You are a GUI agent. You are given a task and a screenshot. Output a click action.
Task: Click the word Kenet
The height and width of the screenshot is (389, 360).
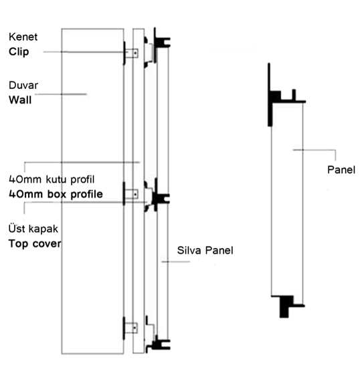(x=23, y=37)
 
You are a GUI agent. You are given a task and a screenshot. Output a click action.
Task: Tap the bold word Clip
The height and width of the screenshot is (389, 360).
(x=19, y=51)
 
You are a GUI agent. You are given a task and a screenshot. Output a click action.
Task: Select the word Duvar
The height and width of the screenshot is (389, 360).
(x=23, y=85)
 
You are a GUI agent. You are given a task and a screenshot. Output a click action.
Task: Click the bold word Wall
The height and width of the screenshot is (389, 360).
(x=20, y=100)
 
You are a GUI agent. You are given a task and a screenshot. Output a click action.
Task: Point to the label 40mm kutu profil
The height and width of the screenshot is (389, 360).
(x=52, y=179)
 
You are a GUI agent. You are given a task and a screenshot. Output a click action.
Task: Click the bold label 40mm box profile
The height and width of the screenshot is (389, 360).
(x=56, y=194)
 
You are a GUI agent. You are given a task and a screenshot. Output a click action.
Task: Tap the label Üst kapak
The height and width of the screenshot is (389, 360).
(x=33, y=229)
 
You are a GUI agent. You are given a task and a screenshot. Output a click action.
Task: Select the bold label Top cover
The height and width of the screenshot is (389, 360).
(x=35, y=243)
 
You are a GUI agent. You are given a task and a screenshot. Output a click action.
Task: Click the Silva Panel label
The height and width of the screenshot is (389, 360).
(x=205, y=251)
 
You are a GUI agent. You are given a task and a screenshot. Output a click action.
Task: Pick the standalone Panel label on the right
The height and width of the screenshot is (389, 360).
(x=341, y=170)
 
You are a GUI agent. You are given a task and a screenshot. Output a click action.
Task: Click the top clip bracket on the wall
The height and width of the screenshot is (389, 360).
(x=130, y=53)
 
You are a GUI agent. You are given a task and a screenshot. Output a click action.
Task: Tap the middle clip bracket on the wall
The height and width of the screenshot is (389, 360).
(x=130, y=194)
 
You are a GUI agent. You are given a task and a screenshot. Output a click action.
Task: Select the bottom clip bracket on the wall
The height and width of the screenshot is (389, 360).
(x=130, y=328)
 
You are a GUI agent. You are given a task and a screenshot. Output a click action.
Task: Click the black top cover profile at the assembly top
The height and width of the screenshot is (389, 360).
(x=161, y=41)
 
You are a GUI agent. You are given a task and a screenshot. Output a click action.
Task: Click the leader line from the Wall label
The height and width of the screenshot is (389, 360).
(x=61, y=94)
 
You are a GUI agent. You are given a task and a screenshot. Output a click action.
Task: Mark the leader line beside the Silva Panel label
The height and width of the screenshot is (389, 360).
(x=175, y=261)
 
